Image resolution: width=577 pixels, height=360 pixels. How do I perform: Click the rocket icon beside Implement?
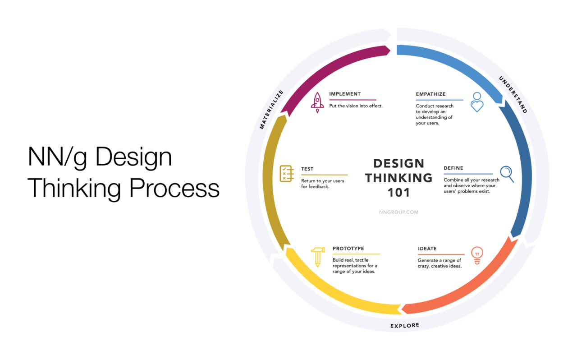click(317, 103)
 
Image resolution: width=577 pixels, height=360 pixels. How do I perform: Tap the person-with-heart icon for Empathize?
click(477, 102)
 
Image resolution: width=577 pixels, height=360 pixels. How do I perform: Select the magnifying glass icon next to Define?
click(507, 174)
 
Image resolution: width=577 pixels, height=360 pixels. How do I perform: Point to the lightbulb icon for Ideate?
click(477, 255)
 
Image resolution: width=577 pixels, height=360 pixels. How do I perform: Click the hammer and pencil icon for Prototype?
click(318, 257)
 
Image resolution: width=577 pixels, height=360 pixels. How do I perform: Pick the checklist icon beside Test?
click(287, 174)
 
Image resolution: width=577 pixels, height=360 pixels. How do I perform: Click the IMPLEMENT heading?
click(345, 94)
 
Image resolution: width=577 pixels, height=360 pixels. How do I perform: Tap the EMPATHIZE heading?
click(430, 94)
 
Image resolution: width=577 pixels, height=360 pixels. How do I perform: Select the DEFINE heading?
click(453, 168)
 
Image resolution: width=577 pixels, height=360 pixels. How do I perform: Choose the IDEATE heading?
click(427, 249)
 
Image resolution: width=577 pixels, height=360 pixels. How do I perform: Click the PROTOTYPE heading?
click(348, 248)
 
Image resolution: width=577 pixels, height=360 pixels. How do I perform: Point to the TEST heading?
click(307, 169)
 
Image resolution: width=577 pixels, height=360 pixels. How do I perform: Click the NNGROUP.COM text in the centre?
click(398, 212)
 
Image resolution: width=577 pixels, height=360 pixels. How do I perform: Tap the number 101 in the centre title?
click(398, 193)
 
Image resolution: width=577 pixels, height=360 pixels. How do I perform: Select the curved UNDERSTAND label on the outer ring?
click(513, 95)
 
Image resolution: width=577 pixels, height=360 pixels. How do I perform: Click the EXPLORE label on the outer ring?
click(405, 325)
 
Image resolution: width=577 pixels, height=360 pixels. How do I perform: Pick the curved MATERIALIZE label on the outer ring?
click(271, 109)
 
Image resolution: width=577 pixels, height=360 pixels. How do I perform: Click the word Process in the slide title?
click(174, 189)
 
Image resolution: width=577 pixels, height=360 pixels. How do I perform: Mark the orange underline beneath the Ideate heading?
click(441, 254)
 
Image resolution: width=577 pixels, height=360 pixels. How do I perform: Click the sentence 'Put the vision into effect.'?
click(356, 106)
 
